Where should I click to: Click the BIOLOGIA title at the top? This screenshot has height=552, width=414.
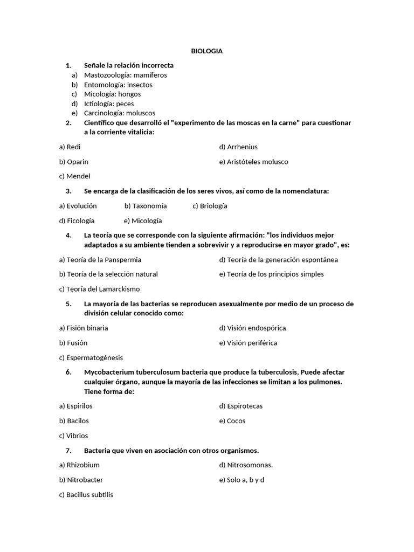tap(207, 51)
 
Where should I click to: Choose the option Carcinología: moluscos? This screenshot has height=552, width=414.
tap(119, 113)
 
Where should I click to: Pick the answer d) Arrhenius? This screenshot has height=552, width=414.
tap(238, 147)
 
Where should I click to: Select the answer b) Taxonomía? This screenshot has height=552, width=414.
tap(146, 205)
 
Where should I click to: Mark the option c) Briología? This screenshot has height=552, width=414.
tap(210, 205)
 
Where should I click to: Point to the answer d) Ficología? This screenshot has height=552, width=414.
tap(77, 220)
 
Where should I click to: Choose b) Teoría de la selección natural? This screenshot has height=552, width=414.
tap(108, 274)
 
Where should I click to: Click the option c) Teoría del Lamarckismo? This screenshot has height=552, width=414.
tap(99, 289)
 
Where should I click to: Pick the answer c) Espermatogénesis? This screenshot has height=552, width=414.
tap(91, 357)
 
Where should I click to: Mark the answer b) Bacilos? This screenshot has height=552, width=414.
tap(74, 420)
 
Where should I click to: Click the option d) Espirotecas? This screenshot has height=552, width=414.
tap(241, 406)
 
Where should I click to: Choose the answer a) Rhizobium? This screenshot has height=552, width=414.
tap(79, 465)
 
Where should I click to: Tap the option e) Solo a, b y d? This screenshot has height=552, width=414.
tap(241, 480)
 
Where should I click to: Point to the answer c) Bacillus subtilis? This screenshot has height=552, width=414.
tap(86, 494)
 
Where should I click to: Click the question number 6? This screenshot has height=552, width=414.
tap(68, 372)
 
